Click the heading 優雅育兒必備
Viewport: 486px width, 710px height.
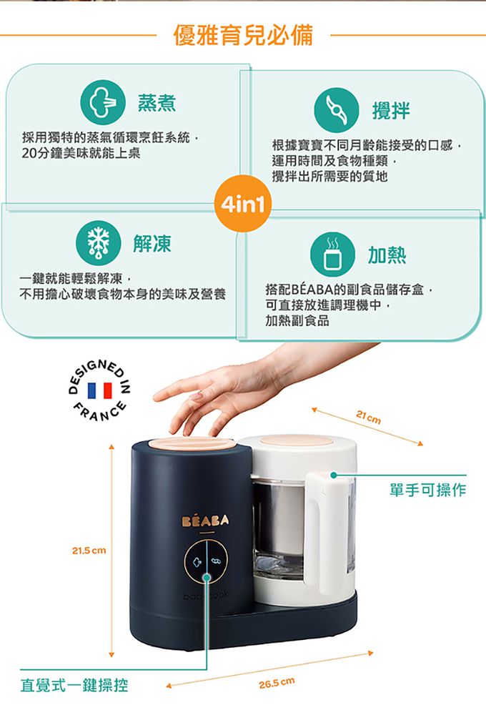click(243, 34)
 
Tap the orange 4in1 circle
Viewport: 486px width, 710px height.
click(243, 205)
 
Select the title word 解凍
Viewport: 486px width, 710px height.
click(152, 245)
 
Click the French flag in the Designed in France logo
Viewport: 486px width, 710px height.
click(99, 391)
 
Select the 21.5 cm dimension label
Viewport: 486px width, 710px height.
click(89, 551)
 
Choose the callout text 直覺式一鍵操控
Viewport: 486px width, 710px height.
click(74, 685)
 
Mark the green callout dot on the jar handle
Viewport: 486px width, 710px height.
click(332, 475)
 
